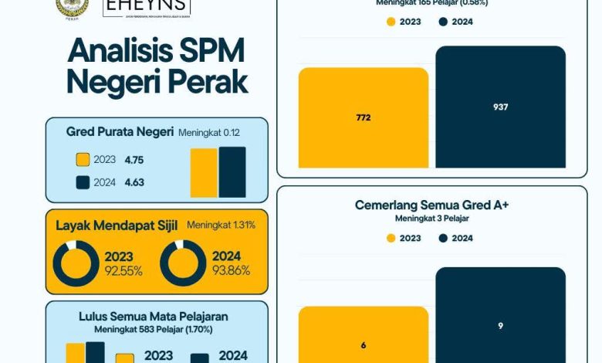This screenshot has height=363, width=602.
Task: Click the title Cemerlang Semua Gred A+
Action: click(x=431, y=205)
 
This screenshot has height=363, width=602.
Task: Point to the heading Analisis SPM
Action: click(x=156, y=51)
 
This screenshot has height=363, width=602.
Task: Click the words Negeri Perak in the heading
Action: click(x=157, y=81)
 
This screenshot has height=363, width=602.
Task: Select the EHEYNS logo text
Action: click(x=146, y=7)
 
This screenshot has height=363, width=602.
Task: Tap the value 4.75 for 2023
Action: click(x=134, y=160)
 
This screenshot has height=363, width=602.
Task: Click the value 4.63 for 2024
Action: click(x=134, y=182)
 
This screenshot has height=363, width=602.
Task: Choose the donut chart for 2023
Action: click(x=76, y=263)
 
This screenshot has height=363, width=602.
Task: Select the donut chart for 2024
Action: click(x=183, y=263)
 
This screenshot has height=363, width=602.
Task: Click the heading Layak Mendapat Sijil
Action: click(x=117, y=226)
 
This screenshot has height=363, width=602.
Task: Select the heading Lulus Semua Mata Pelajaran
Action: click(x=154, y=317)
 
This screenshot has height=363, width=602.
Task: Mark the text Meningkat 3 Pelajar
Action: click(x=431, y=219)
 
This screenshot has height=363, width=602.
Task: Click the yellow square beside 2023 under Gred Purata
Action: click(x=83, y=160)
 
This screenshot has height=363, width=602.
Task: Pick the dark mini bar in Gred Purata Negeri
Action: click(x=232, y=172)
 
